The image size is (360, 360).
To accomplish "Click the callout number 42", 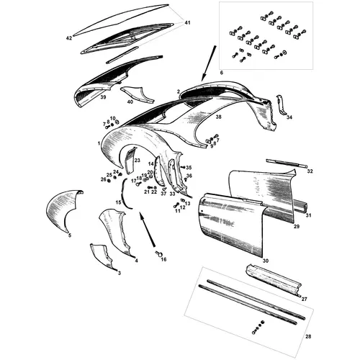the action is [69, 38].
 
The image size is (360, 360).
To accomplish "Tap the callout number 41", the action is [187, 23].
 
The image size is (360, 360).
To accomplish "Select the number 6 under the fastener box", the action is [221, 73].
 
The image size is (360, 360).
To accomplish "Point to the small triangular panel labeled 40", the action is [138, 94].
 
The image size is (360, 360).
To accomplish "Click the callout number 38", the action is [218, 117].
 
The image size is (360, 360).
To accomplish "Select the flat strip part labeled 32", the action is [287, 163].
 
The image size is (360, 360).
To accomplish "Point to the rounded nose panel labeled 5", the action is [63, 209].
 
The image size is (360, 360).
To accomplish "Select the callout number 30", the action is [266, 261].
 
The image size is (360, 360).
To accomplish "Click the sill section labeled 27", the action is [274, 280].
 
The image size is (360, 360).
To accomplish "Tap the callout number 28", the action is [308, 336].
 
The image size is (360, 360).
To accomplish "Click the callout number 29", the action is [297, 226].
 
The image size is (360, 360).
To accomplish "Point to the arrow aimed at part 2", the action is [209, 63].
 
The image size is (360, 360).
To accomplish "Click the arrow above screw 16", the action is [147, 230].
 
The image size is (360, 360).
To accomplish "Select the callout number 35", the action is [189, 167].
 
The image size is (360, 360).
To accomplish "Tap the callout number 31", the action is [308, 215].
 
